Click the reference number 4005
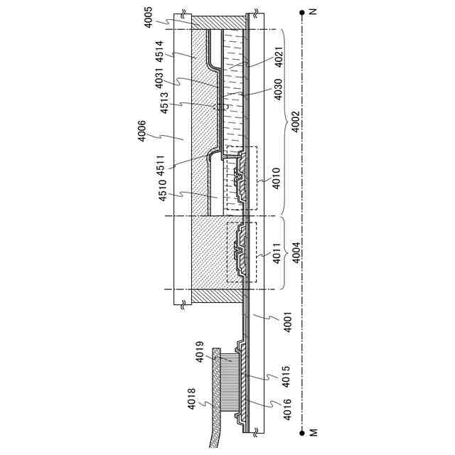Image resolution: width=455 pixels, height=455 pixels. [148, 16]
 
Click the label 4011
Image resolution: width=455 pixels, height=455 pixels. [277, 254]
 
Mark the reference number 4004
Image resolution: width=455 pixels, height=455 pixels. [293, 254]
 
